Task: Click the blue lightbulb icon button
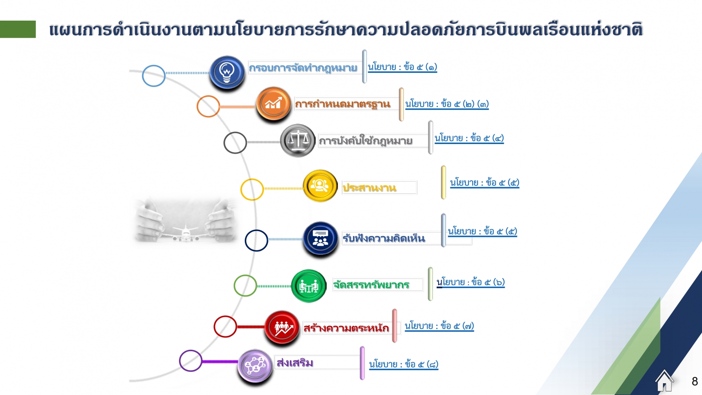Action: click(227, 72)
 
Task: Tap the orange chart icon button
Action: click(274, 103)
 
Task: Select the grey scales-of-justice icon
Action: click(298, 140)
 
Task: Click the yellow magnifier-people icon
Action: click(320, 186)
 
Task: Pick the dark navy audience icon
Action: click(320, 239)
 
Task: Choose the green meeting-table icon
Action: click(309, 286)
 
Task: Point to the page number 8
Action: click(695, 381)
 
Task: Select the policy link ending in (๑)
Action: click(402, 67)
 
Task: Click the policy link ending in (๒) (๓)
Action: click(447, 104)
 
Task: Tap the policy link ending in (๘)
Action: click(404, 364)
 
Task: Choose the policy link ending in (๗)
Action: click(439, 326)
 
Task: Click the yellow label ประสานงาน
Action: click(369, 187)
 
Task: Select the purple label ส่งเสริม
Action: click(295, 363)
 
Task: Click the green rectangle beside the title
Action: click(18, 29)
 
